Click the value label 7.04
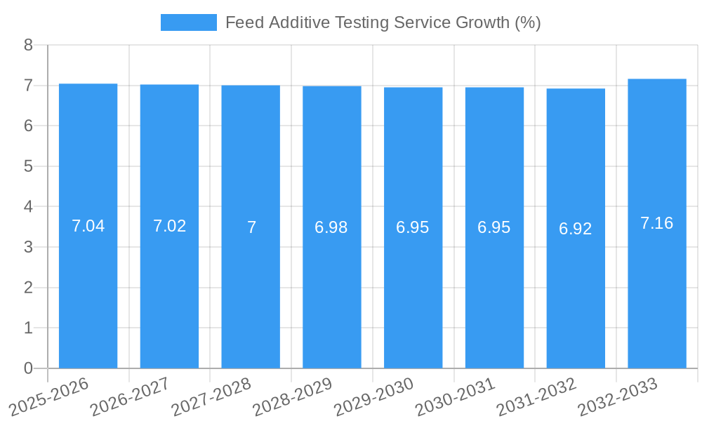[88, 226]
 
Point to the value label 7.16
[657, 223]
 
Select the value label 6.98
[331, 227]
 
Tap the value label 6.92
[576, 229]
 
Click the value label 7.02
[169, 226]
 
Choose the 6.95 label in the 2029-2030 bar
[413, 227]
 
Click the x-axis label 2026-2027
[131, 396]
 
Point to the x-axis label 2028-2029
[292, 396]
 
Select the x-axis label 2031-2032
[536, 396]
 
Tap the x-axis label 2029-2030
[373, 396]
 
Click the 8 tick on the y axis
[28, 45]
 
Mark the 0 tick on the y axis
[28, 368]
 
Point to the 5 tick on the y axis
[28, 166]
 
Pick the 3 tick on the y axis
[28, 247]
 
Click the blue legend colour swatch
[189, 22]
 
